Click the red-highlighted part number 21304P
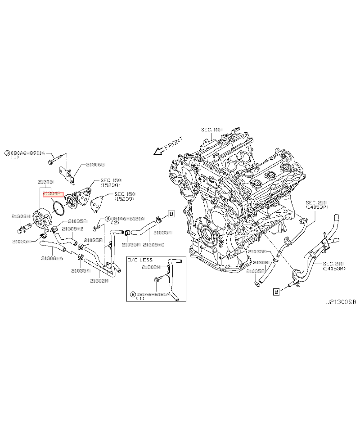click(x=54, y=193)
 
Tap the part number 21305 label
click(x=45, y=182)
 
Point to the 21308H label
click(x=21, y=216)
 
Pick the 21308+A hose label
click(x=52, y=258)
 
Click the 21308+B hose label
click(x=72, y=229)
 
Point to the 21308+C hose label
click(x=153, y=244)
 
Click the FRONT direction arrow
click(x=158, y=151)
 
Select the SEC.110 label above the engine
click(x=211, y=130)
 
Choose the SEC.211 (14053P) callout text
click(x=317, y=205)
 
